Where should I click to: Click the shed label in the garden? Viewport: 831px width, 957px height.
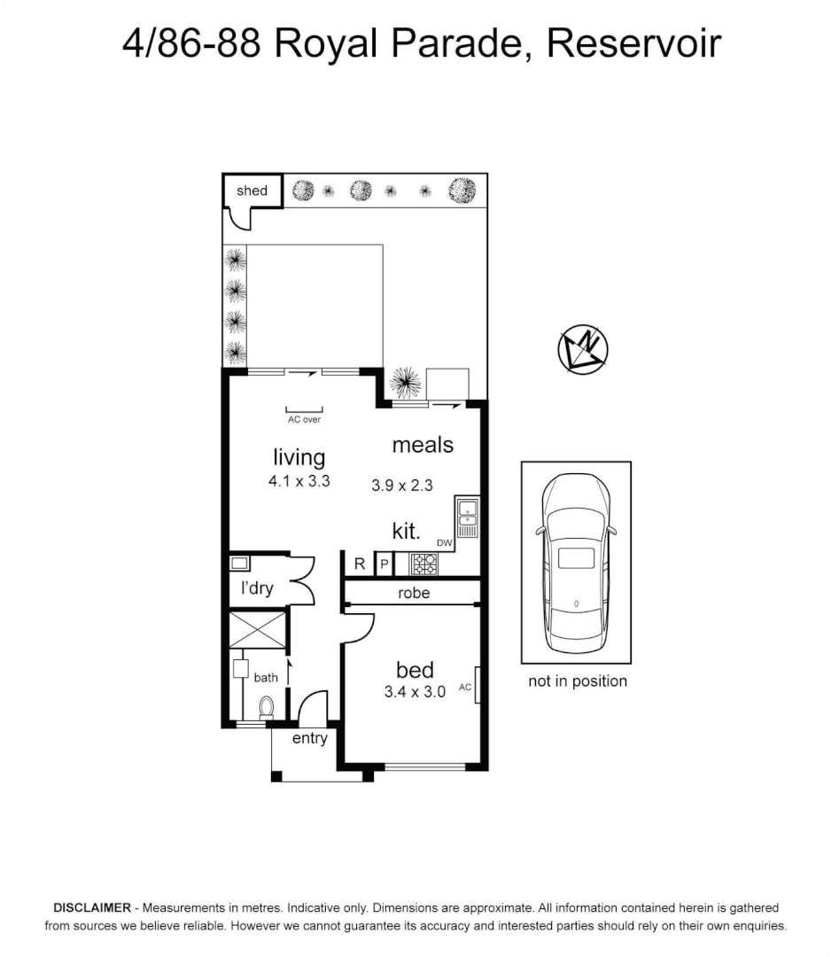point(252,191)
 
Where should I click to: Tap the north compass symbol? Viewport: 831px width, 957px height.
point(582,346)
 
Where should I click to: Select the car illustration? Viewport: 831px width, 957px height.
point(576,562)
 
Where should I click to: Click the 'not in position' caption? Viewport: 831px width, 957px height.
point(577,681)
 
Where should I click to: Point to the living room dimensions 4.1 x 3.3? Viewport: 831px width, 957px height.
point(299,482)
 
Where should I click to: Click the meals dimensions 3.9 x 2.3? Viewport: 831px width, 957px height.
point(401,485)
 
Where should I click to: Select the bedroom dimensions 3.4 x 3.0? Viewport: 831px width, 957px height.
point(415,692)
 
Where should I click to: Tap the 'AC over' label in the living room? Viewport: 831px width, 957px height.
point(305,419)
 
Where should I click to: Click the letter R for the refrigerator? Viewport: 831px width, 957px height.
point(359,564)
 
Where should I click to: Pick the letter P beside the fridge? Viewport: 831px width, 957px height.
point(384,564)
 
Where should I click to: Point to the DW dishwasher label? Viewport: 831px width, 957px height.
point(444,543)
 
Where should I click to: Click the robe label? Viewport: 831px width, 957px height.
point(414,593)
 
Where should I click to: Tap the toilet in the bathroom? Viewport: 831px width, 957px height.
point(266,707)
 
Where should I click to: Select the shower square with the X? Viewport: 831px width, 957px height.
point(258,628)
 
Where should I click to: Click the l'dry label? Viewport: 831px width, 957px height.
point(257,588)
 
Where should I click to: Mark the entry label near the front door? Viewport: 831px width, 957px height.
point(309,738)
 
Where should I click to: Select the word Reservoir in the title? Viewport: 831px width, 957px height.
point(633,43)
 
